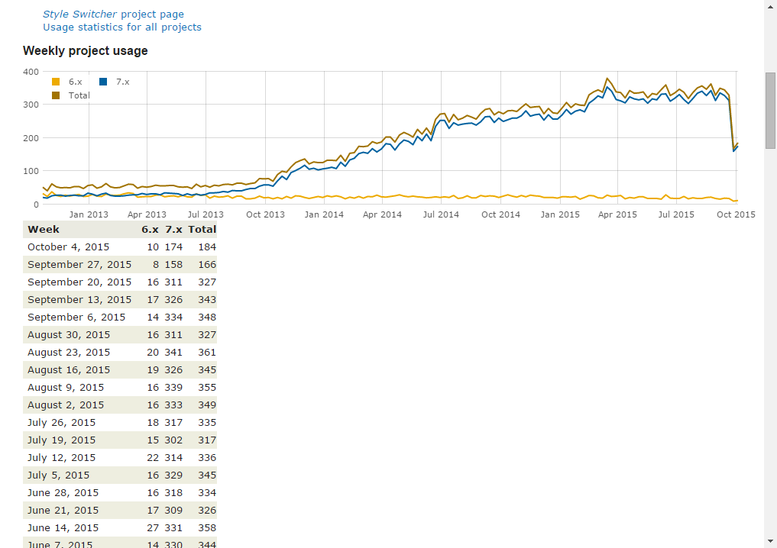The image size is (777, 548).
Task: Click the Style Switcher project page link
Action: point(113,14)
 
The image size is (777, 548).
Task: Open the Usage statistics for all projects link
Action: point(122,27)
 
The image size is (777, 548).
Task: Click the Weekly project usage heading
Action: point(85,51)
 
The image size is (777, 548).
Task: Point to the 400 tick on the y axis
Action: point(31,72)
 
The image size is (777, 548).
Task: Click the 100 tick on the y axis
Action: point(31,172)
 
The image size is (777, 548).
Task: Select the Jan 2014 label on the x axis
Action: point(324,214)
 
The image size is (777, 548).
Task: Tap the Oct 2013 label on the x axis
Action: point(265,214)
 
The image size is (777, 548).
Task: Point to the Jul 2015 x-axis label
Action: point(676,214)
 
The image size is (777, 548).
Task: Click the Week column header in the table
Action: point(44,229)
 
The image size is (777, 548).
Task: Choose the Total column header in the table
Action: point(202,229)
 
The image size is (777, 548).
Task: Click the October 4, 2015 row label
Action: point(68,247)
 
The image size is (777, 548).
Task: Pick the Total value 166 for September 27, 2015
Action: point(206,265)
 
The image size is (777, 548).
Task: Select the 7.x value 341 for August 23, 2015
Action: point(173,353)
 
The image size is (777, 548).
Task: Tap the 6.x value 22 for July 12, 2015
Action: point(153,458)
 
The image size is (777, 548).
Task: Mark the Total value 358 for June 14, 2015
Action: point(206,528)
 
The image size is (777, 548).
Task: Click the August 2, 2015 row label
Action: point(66,405)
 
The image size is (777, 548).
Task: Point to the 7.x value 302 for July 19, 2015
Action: point(173,440)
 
